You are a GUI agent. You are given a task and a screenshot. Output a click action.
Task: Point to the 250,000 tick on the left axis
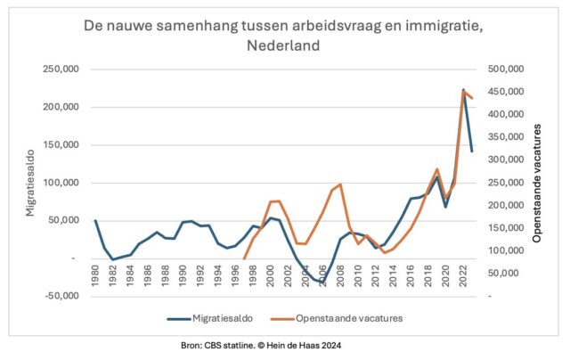pos(67,70)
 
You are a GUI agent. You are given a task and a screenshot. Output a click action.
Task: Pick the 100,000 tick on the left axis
pos(67,183)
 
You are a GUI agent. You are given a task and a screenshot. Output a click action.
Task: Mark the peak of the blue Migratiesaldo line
pos(463,89)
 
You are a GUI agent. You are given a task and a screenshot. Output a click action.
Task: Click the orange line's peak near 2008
pos(340,184)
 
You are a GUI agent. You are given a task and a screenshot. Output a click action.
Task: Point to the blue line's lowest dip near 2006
pos(322,282)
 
